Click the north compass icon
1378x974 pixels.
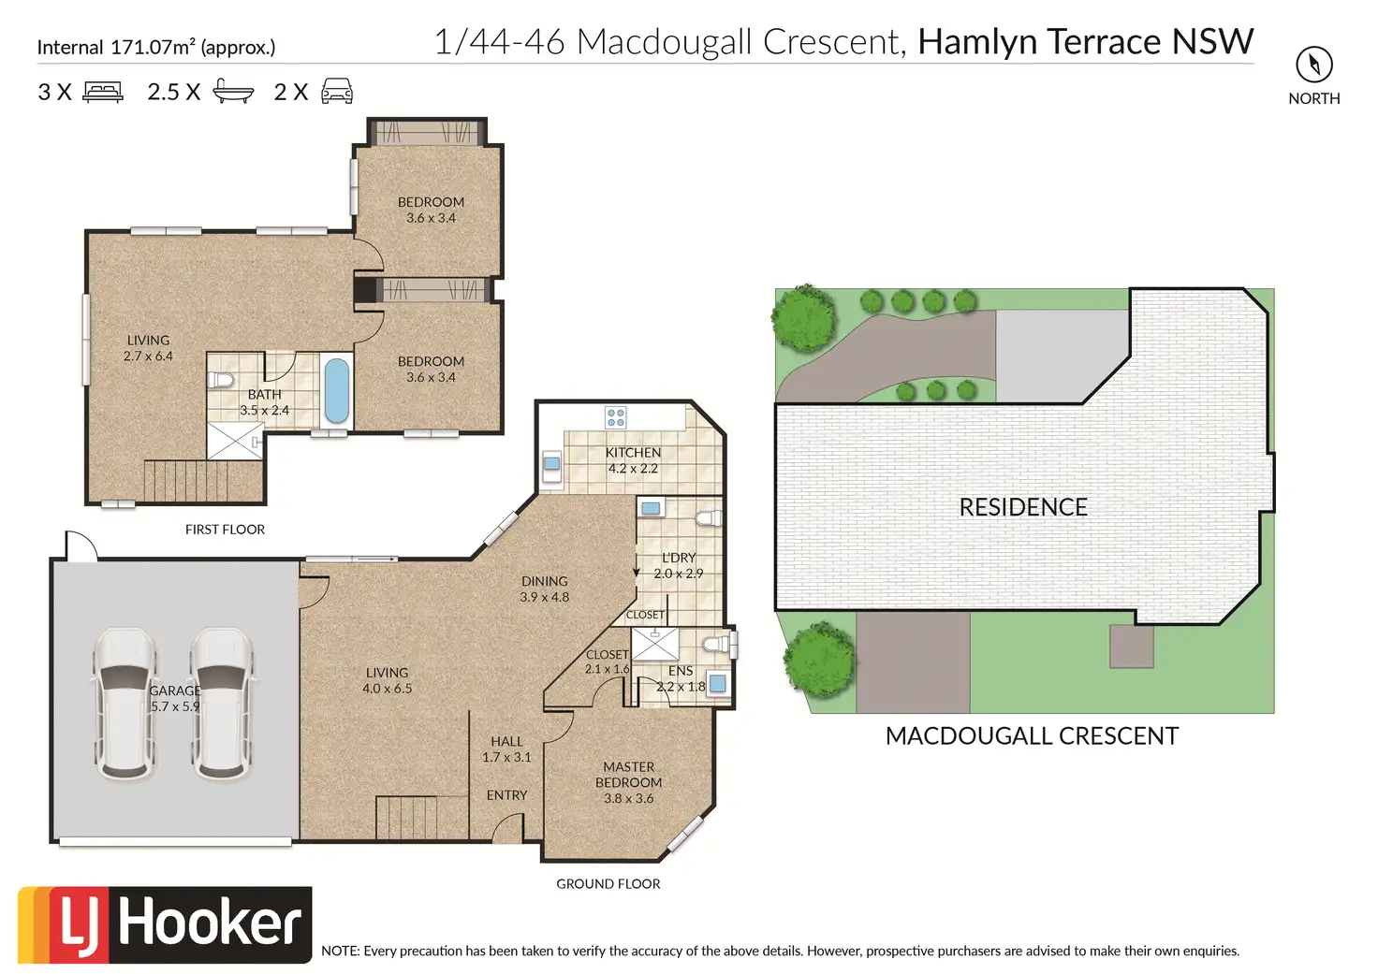tap(1314, 64)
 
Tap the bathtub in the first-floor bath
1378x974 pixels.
tap(336, 391)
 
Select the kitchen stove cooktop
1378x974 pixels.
tap(616, 417)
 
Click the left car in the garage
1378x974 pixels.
tap(125, 704)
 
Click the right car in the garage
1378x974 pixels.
tap(222, 704)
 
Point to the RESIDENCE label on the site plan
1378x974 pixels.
tap(1023, 507)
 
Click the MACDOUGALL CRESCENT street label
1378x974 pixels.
tap(1032, 736)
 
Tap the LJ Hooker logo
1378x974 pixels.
tap(164, 924)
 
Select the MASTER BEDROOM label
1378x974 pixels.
tap(628, 775)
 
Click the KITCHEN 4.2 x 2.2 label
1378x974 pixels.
tap(633, 460)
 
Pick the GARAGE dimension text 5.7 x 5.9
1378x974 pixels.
tap(175, 706)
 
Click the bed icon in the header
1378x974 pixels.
tap(103, 92)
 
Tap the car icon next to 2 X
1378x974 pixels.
tap(337, 91)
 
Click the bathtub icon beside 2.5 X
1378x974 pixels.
tap(233, 91)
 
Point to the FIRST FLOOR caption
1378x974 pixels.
tap(226, 530)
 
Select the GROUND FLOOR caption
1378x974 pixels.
tap(608, 883)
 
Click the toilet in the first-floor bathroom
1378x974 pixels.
tap(220, 380)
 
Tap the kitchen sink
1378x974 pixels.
tap(551, 464)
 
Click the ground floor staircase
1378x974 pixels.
tap(406, 818)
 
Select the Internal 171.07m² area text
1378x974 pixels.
tap(156, 48)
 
